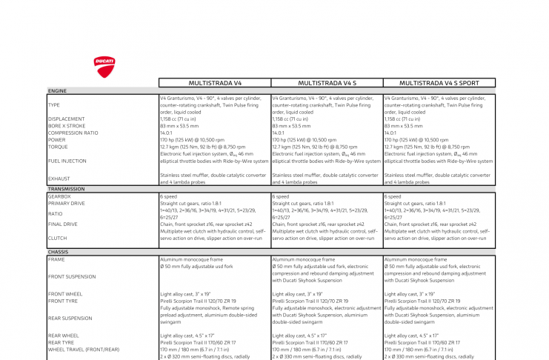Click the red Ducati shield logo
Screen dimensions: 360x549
click(104, 67)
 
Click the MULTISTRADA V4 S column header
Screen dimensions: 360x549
click(327, 83)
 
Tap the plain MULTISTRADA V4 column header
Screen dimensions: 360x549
click(215, 83)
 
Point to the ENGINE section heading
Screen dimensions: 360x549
click(57, 91)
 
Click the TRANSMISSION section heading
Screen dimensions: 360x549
click(66, 189)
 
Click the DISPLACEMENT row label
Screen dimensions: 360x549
click(66, 119)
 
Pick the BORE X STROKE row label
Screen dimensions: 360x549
click(67, 126)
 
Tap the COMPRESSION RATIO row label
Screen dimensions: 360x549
click(73, 133)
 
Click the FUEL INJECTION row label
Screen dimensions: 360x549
click(67, 161)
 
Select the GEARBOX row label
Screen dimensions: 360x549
click(60, 196)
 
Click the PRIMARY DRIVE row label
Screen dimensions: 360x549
click(67, 203)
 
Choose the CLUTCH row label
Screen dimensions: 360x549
click(58, 238)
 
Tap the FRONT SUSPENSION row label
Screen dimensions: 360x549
click(71, 276)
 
